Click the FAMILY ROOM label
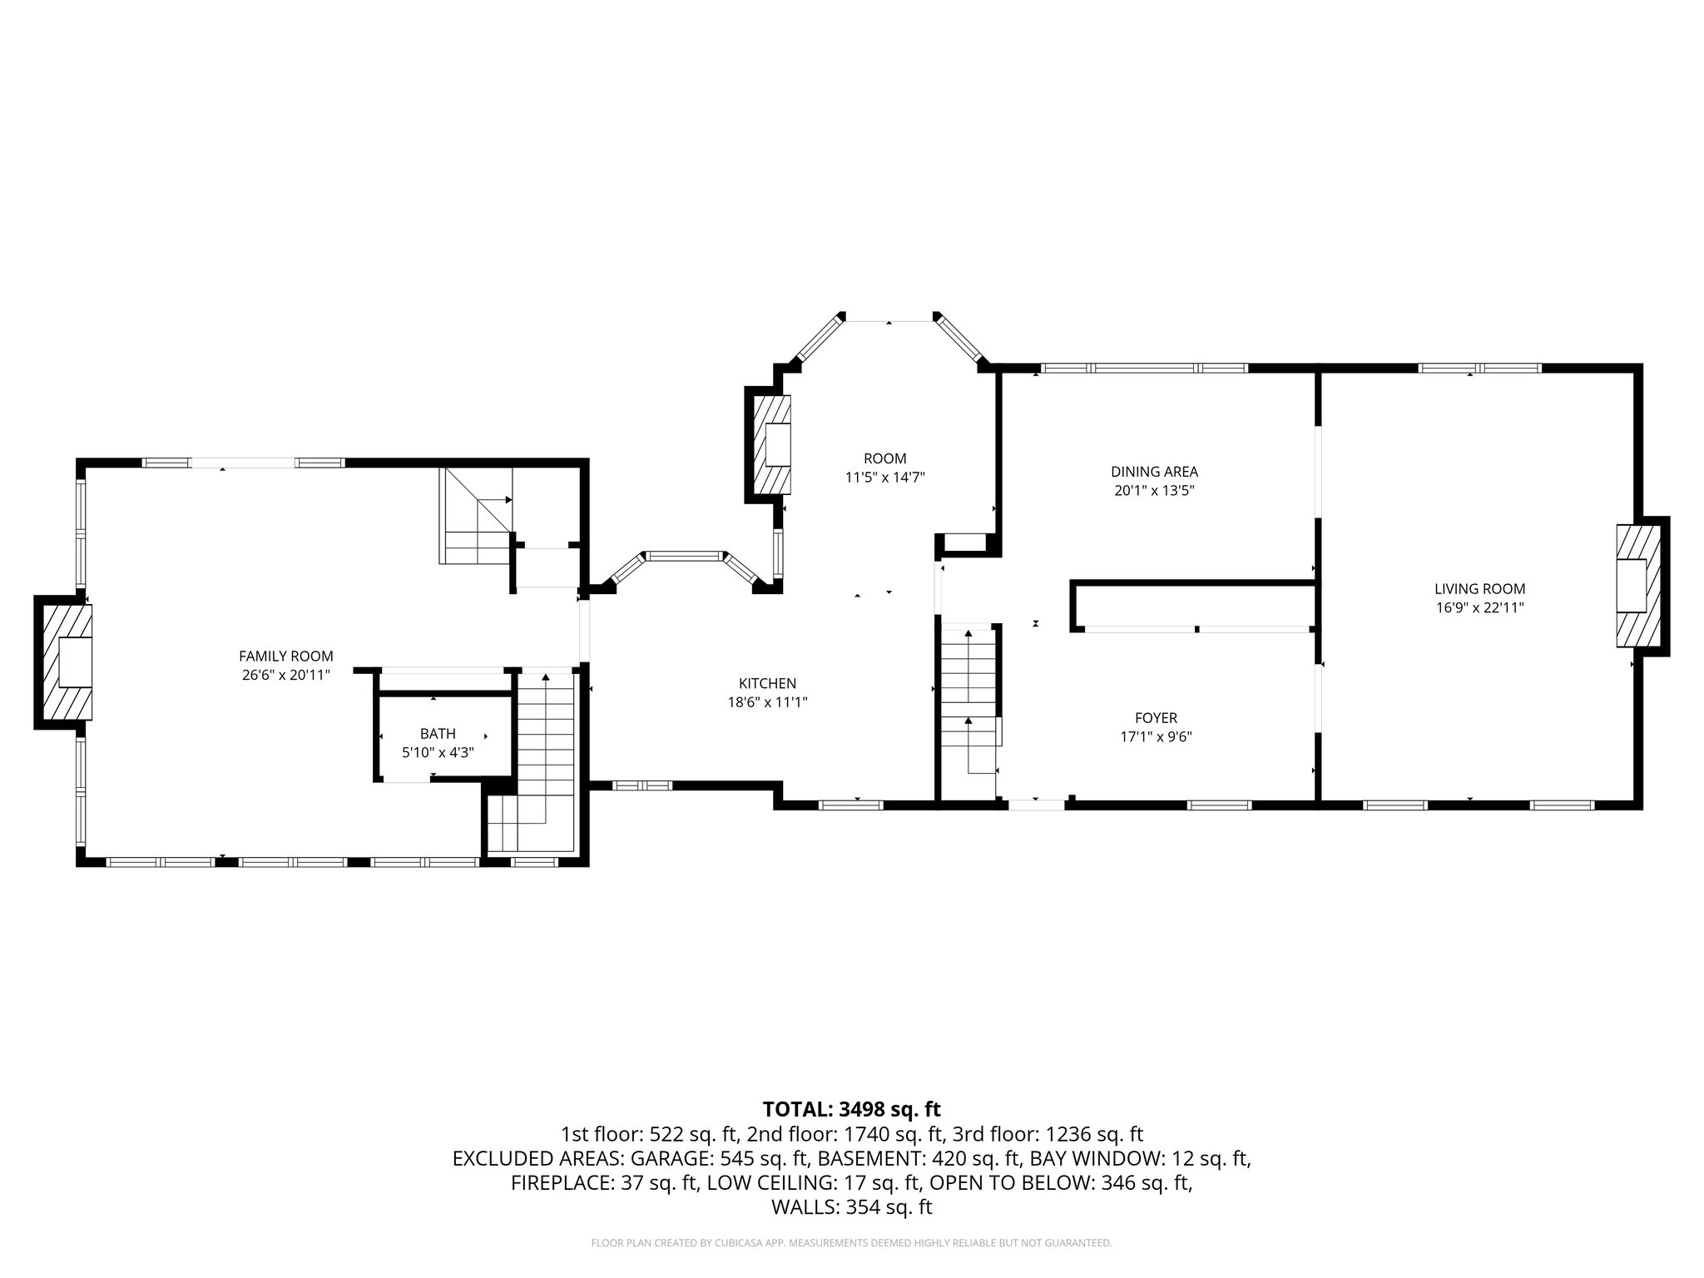(x=285, y=656)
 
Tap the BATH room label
(x=438, y=734)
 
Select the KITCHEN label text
(x=767, y=683)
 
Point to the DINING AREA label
(x=1154, y=472)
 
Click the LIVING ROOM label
(x=1479, y=589)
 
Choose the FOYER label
(x=1156, y=718)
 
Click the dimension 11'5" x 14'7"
(x=884, y=478)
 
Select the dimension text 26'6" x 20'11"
(x=285, y=675)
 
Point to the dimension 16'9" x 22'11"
(x=1479, y=607)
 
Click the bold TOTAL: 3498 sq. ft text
(x=851, y=1109)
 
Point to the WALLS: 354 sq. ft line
(x=851, y=1207)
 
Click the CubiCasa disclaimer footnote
(x=851, y=1243)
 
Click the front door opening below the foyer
(x=1036, y=805)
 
